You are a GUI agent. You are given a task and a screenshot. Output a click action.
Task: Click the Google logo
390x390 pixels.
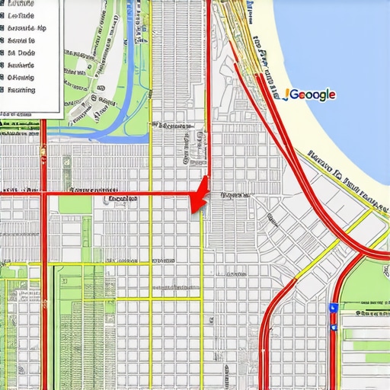(x=309, y=94)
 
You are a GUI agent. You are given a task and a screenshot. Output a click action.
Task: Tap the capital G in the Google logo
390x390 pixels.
(x=291, y=94)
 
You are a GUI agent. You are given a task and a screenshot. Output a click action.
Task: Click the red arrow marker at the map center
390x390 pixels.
(x=199, y=197)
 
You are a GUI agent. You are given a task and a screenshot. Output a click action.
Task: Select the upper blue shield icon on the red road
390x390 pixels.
(x=332, y=307)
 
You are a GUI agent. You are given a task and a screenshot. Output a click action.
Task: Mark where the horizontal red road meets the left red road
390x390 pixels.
(x=43, y=194)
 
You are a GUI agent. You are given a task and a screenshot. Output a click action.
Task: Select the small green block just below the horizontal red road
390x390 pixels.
(x=73, y=205)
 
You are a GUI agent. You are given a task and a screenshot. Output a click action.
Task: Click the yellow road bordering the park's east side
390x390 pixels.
(x=151, y=91)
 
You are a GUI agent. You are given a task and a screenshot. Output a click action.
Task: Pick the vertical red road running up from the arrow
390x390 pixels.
(x=207, y=114)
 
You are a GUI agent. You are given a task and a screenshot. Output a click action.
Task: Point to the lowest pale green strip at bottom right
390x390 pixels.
(x=366, y=366)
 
